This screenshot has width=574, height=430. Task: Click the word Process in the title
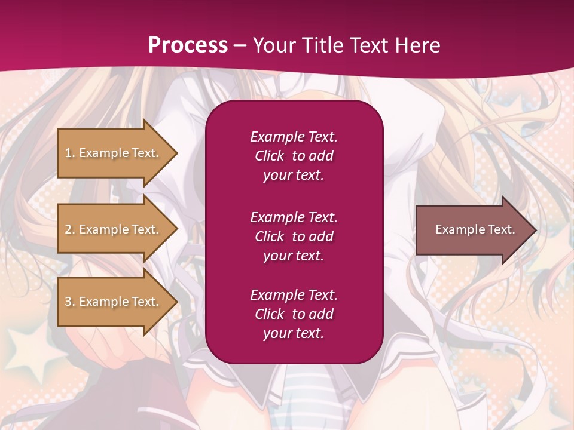[x=188, y=45]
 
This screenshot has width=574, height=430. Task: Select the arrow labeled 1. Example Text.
[x=114, y=153]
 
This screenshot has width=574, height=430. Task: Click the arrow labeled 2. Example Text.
[x=114, y=229]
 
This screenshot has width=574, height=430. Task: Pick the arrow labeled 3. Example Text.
[x=114, y=302]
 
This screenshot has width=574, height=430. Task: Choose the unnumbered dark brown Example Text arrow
[x=472, y=230]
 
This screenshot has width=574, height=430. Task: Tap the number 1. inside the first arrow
[x=70, y=153]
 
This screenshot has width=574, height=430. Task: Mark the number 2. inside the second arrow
[x=70, y=229]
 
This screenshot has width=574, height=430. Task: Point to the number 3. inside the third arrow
[x=70, y=302]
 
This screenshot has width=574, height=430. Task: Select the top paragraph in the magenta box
[x=294, y=156]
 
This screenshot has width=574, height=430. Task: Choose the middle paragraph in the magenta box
[x=294, y=236]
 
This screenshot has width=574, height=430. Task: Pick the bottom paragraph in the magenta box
[x=294, y=314]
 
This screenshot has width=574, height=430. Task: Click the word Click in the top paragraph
[x=269, y=156]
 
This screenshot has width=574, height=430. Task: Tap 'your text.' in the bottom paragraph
[x=294, y=333]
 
